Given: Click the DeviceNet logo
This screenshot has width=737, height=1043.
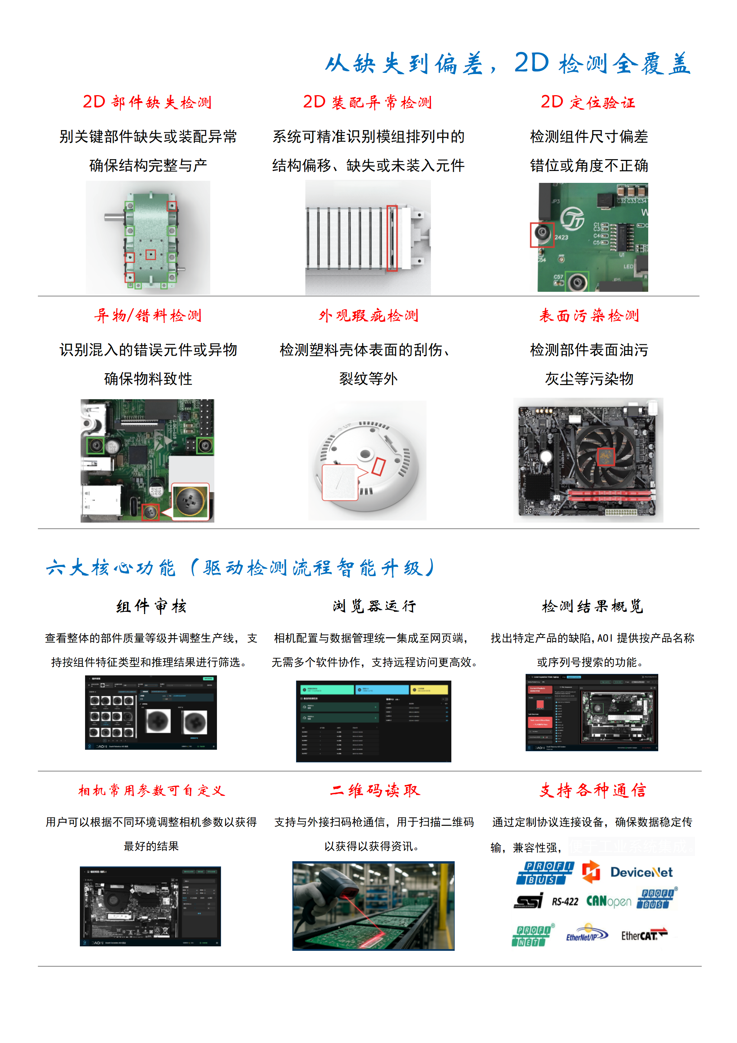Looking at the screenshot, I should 641,872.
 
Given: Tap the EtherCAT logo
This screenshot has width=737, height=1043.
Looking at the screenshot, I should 643,935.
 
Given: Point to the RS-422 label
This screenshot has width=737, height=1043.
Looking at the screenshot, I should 565,902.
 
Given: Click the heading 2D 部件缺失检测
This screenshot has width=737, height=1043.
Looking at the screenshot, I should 147,102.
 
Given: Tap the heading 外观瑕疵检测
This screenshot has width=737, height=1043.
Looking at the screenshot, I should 368,315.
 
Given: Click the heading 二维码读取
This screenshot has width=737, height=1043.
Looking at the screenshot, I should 375,790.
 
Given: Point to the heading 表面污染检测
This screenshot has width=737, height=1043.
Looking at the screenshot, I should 589,315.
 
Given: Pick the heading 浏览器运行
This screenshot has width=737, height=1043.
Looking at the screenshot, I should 374,606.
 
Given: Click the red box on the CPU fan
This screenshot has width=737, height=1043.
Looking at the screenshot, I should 605,456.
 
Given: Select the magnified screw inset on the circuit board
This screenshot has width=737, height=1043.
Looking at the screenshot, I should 191,501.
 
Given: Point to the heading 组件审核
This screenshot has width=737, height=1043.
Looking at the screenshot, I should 151,606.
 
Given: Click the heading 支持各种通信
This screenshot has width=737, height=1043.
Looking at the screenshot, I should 592,790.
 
